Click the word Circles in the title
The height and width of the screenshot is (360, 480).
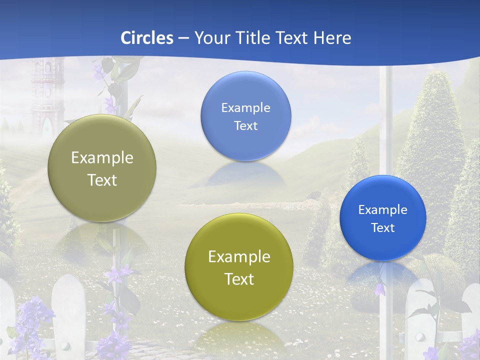tap(147, 38)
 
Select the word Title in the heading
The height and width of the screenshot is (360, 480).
tap(252, 38)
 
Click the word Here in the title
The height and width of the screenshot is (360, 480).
tap(332, 38)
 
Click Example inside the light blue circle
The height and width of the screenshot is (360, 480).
tap(245, 107)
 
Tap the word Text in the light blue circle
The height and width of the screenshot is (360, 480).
tap(245, 125)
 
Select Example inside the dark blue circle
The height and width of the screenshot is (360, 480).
tap(382, 209)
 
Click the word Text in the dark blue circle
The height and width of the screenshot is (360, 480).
tap(382, 227)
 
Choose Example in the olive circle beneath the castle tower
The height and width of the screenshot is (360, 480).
tap(102, 158)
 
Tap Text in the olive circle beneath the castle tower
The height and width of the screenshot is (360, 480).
tap(102, 180)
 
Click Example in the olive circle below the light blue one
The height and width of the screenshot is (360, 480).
tap(239, 257)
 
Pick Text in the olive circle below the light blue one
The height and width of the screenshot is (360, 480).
tap(239, 279)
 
